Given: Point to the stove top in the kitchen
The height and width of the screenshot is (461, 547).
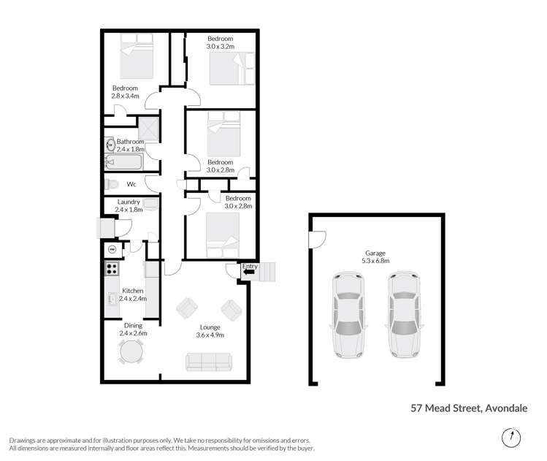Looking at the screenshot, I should point(112,268).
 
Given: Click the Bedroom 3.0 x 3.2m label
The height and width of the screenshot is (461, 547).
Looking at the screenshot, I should point(220,42).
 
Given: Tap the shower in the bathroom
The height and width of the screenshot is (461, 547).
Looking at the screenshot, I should point(150,129).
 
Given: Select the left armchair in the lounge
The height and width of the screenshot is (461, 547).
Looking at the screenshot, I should point(185,308).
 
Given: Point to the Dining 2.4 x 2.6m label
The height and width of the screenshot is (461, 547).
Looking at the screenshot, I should point(133,329).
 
